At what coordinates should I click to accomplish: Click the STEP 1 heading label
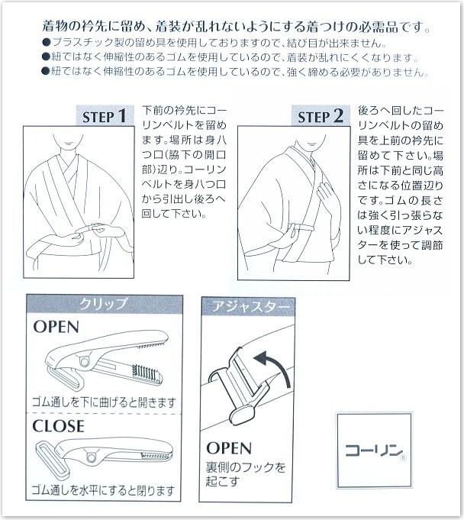pyautogui.click(x=105, y=115)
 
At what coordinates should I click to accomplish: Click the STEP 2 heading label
pyautogui.click(x=321, y=115)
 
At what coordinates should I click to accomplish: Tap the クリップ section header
pyautogui.click(x=104, y=304)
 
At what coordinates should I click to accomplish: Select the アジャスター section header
pyautogui.click(x=248, y=306)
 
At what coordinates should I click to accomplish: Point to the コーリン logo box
pyautogui.click(x=374, y=450)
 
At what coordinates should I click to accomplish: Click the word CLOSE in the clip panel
pyautogui.click(x=58, y=426)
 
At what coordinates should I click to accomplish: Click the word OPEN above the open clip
pyautogui.click(x=56, y=327)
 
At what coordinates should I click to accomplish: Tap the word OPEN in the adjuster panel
pyautogui.click(x=229, y=448)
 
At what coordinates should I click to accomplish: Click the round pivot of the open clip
pyautogui.click(x=85, y=361)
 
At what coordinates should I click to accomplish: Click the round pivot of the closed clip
pyautogui.click(x=90, y=457)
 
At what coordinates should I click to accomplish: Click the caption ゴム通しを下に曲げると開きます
pyautogui.click(x=104, y=402)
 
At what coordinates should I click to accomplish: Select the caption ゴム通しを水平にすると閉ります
pyautogui.click(x=103, y=489)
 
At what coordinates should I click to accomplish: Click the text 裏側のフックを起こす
pyautogui.click(x=246, y=474)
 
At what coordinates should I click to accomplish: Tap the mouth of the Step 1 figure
pyautogui.click(x=69, y=144)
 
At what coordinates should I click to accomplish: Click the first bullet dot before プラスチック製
pyautogui.click(x=47, y=43)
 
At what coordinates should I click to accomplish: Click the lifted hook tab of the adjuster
pyautogui.click(x=242, y=415)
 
